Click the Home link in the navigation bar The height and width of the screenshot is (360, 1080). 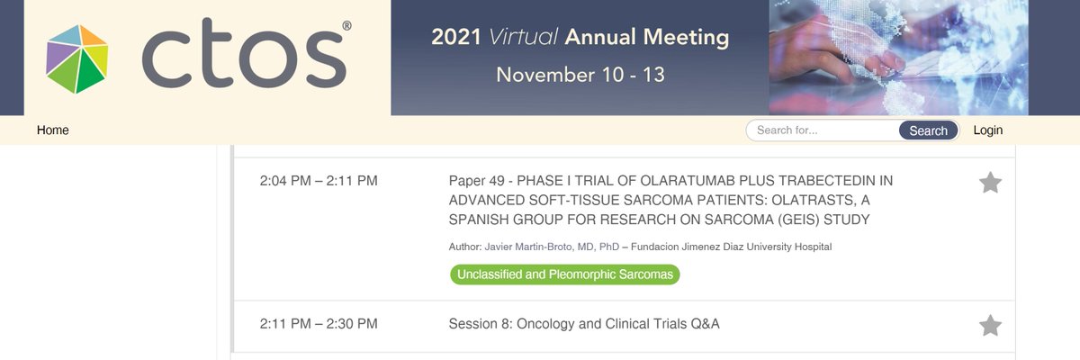pyautogui.click(x=52, y=130)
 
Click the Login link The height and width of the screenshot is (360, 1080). pyautogui.click(x=987, y=130)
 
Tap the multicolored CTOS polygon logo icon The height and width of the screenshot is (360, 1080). pyautogui.click(x=77, y=59)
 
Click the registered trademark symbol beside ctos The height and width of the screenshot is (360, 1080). pyautogui.click(x=347, y=28)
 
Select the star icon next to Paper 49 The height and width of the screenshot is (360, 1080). pyautogui.click(x=990, y=183)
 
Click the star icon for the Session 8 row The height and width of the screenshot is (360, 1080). pyautogui.click(x=990, y=325)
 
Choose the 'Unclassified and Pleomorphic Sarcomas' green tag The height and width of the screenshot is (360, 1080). pyautogui.click(x=564, y=274)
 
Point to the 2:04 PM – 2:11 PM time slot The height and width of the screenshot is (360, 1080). pyautogui.click(x=319, y=181)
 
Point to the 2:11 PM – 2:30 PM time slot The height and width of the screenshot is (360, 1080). pyautogui.click(x=319, y=324)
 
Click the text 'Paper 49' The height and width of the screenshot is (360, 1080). pyautogui.click(x=477, y=181)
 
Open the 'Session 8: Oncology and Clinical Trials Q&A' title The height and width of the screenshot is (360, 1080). pyautogui.click(x=584, y=324)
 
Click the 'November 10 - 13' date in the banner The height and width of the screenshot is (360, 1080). pyautogui.click(x=580, y=75)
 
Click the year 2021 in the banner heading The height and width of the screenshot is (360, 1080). pyautogui.click(x=456, y=38)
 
